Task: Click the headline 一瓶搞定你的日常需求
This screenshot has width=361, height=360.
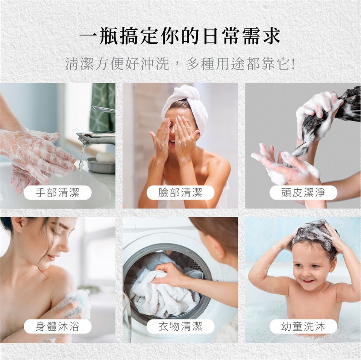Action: click(x=180, y=36)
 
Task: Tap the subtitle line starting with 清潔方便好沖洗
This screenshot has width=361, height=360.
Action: click(x=180, y=64)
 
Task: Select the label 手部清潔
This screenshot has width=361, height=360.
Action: click(x=58, y=192)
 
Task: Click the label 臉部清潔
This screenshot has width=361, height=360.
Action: click(x=180, y=192)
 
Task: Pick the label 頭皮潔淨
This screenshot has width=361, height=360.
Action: click(x=303, y=192)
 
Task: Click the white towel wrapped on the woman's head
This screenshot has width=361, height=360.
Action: click(x=185, y=103)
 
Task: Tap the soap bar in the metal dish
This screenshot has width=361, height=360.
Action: click(x=105, y=157)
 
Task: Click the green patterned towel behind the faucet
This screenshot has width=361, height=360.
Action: click(x=102, y=106)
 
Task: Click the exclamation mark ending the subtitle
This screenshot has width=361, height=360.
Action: click(x=293, y=64)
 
